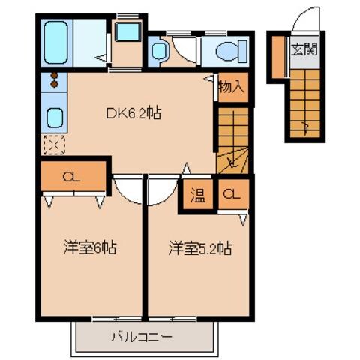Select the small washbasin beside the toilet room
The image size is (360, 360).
[x=160, y=51]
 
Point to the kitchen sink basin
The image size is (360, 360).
[x=55, y=117]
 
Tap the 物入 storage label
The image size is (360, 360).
[x=232, y=87]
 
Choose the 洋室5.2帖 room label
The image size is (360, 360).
[x=199, y=247]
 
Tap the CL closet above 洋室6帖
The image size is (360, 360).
[x=72, y=178]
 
